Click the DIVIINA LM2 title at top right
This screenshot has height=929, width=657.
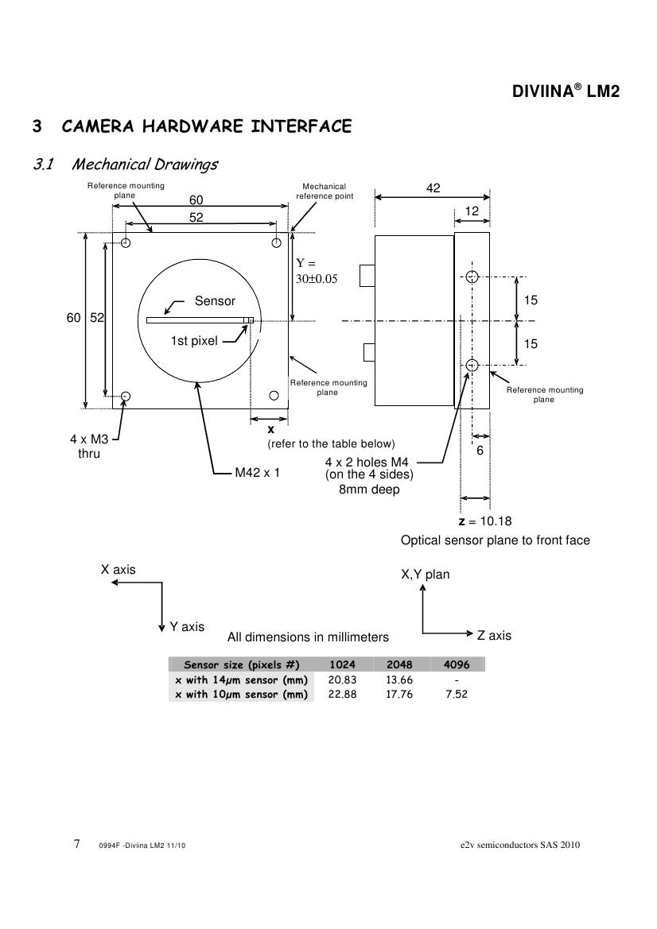click(x=566, y=91)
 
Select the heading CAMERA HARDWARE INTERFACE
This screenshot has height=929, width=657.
click(x=206, y=126)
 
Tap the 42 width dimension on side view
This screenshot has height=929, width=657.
click(x=433, y=188)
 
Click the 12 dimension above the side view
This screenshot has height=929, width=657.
click(x=472, y=211)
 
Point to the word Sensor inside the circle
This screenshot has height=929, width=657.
click(x=216, y=301)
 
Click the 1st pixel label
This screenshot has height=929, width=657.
click(x=194, y=341)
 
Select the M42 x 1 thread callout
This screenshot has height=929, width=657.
click(x=258, y=473)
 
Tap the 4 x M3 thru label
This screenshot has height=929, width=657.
click(x=89, y=447)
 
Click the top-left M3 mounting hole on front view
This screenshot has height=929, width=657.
click(x=126, y=242)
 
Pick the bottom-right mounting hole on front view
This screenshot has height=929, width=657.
click(x=274, y=395)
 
